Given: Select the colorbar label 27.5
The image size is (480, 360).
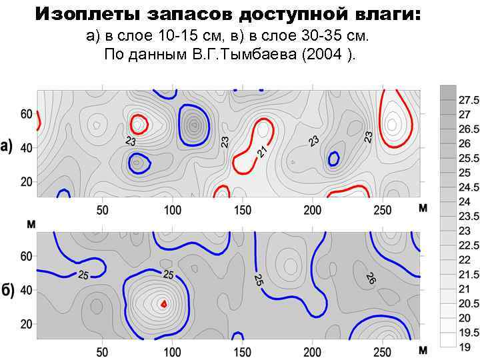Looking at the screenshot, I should tap(469, 100).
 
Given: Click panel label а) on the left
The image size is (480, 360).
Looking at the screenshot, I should tap(9, 147).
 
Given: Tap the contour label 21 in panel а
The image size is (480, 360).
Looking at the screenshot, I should tap(263, 153).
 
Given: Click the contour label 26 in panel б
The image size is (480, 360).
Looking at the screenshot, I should tap(371, 279).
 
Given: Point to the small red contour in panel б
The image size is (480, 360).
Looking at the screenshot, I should tap(163, 303).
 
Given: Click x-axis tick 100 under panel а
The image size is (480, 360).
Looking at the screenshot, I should tap(172, 210).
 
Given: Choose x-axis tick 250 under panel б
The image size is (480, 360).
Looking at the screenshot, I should tap(382, 352).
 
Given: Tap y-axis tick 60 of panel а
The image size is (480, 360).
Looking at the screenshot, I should tap(26, 114).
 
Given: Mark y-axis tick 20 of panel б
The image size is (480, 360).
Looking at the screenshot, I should tap(26, 324).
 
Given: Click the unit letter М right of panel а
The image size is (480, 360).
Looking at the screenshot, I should tap(423, 209).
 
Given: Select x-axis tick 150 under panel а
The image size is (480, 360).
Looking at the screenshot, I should tap(242, 210).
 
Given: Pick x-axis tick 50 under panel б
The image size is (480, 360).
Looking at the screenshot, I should tap(102, 352).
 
